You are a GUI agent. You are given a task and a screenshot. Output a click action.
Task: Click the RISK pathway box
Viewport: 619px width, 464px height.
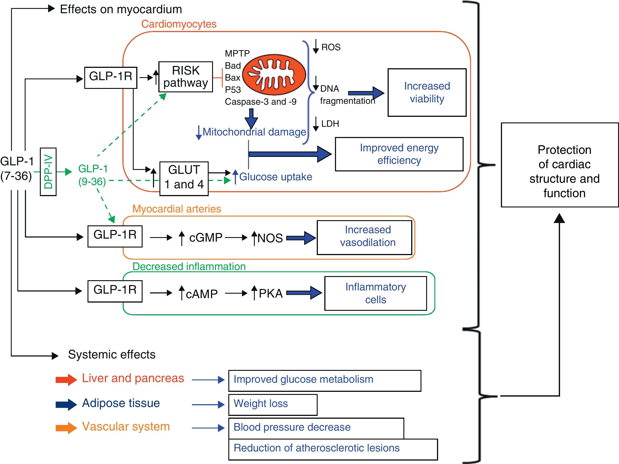pos(185,77)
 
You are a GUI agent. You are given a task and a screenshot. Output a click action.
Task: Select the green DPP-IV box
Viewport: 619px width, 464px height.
pos(48,172)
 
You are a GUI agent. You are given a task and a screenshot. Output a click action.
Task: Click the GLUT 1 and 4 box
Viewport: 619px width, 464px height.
pos(184,179)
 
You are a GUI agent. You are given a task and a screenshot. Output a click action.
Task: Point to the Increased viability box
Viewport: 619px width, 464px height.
pos(427,92)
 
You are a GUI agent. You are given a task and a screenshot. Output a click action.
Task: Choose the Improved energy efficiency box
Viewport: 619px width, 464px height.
pos(399,154)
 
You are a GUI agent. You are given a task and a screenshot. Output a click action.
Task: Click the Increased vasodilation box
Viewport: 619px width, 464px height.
pos(364,237)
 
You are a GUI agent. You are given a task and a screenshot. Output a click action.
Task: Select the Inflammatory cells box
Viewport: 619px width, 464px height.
pos(375,293)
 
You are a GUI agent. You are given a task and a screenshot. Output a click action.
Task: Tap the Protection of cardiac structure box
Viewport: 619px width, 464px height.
pos(560,165)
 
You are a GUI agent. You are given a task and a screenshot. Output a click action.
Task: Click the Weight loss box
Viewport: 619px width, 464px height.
pos(273,405)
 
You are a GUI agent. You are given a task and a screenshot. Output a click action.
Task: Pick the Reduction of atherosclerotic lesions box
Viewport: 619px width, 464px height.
pos(333,449)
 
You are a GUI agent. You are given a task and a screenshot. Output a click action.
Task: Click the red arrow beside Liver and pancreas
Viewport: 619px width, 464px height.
pos(66,379)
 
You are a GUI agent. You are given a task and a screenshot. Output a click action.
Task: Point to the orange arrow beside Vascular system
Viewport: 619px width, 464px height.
pos(66,428)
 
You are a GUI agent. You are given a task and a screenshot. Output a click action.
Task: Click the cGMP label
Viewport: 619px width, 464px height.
pos(205,238)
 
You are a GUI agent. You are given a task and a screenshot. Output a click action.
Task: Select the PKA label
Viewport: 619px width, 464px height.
pos(270,293)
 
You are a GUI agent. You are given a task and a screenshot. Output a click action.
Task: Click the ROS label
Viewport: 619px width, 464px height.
pos(331,47)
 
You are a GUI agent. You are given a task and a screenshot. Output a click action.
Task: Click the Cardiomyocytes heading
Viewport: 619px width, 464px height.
pos(179,24)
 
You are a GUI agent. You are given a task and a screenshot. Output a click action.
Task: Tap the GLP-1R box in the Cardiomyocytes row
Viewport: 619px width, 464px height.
pos(111,78)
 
